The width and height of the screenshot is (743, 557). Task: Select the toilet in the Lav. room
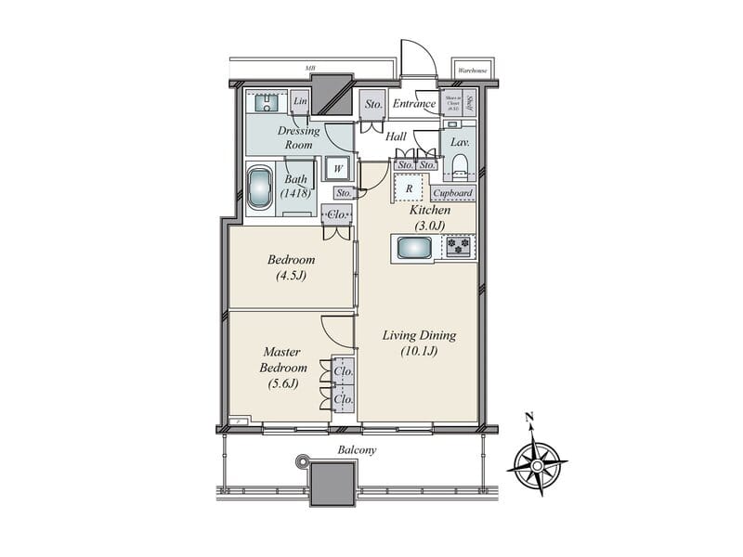pos(459,166)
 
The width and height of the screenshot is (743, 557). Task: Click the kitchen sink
pos(412,248)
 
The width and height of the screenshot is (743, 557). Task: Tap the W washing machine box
pos(335,169)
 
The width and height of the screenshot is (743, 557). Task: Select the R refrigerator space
pos(410,187)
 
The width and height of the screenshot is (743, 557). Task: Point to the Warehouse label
pos(475,70)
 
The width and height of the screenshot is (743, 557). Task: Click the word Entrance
pos(414,104)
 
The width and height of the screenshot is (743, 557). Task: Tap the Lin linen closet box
pos(300,100)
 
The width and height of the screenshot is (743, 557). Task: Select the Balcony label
pos(357,449)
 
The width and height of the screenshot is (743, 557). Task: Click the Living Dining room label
pos(419,343)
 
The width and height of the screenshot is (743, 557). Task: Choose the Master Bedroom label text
pos(280,367)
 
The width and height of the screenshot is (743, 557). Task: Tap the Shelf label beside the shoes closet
pos(470,102)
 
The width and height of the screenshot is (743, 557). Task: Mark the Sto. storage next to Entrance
pos(372,103)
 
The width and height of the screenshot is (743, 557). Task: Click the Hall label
pos(397,136)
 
